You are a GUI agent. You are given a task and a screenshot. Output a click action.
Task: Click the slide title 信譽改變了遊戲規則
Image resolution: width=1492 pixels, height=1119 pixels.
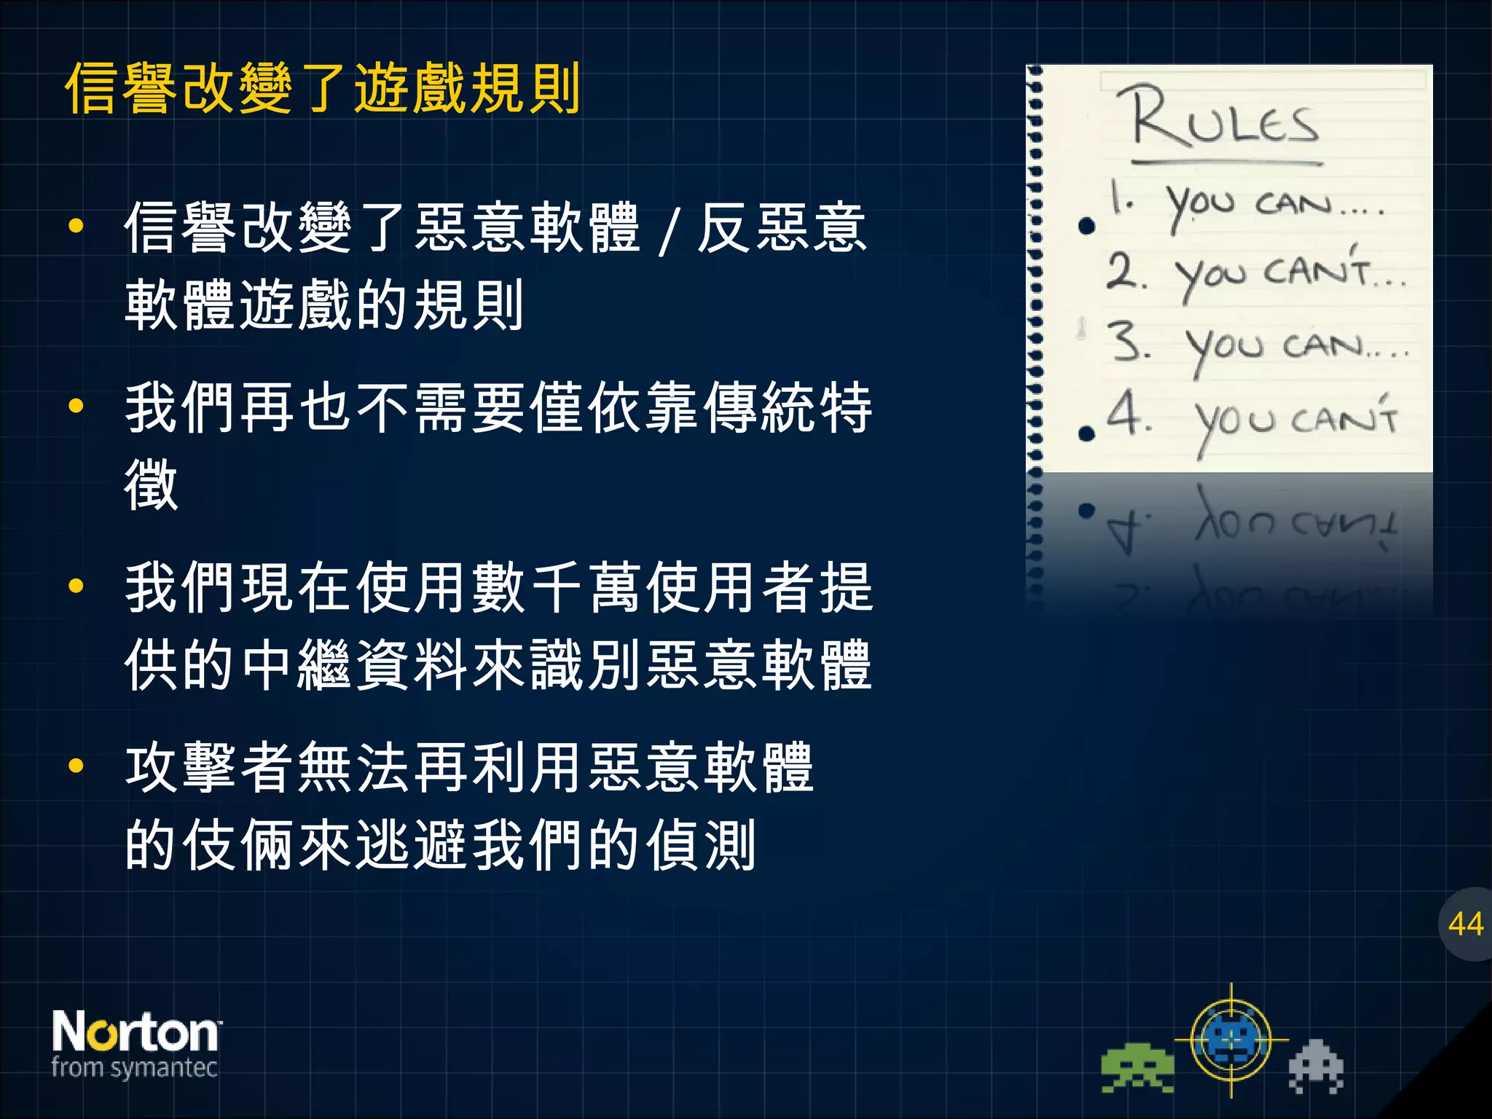click(x=323, y=89)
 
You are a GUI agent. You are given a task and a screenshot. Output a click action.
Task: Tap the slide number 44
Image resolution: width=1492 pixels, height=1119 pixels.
click(x=1466, y=924)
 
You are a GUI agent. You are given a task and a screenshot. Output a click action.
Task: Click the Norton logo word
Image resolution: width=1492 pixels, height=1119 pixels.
click(x=136, y=1032)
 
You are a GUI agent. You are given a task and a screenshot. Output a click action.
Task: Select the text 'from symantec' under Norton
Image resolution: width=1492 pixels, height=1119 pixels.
click(x=135, y=1068)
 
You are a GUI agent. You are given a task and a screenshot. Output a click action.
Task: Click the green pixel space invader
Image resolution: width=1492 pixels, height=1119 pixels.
click(x=1137, y=1067)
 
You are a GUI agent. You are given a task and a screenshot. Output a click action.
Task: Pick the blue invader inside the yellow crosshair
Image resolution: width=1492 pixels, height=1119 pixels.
click(x=1231, y=1040)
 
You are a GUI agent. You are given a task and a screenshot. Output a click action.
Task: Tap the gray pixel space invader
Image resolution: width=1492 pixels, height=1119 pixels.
click(x=1316, y=1066)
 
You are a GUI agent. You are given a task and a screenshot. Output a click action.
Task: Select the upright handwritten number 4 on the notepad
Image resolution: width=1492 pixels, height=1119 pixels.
click(x=1126, y=413)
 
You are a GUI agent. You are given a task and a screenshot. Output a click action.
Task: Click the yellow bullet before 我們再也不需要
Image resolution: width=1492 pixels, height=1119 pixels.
click(x=76, y=407)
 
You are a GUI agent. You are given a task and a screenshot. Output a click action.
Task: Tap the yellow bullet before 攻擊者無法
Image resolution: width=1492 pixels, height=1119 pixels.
click(x=76, y=766)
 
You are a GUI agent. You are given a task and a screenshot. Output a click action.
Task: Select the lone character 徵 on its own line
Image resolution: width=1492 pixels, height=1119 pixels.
click(x=152, y=484)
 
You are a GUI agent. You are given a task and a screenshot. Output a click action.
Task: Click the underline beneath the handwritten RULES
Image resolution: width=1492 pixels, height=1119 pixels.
click(x=1227, y=162)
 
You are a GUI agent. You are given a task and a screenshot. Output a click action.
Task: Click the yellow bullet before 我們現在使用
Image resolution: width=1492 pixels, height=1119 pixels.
click(x=76, y=586)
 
